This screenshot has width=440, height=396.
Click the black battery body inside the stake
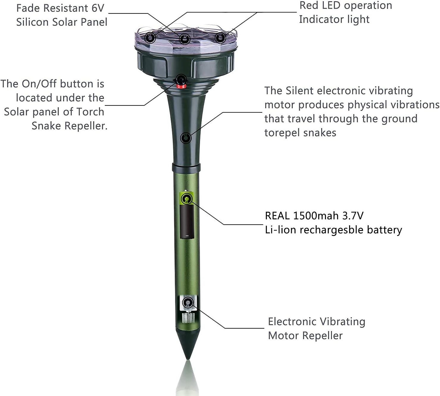(187, 221)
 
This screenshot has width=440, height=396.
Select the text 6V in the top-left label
(98, 8)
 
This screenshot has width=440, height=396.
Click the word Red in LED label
(308, 5)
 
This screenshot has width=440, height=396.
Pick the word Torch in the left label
(90, 112)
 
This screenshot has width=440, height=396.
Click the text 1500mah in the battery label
(316, 216)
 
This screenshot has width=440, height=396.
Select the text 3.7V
(353, 216)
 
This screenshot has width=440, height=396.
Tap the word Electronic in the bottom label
(292, 322)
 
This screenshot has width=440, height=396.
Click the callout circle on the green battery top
(187, 199)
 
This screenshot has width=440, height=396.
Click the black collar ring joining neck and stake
(186, 167)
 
